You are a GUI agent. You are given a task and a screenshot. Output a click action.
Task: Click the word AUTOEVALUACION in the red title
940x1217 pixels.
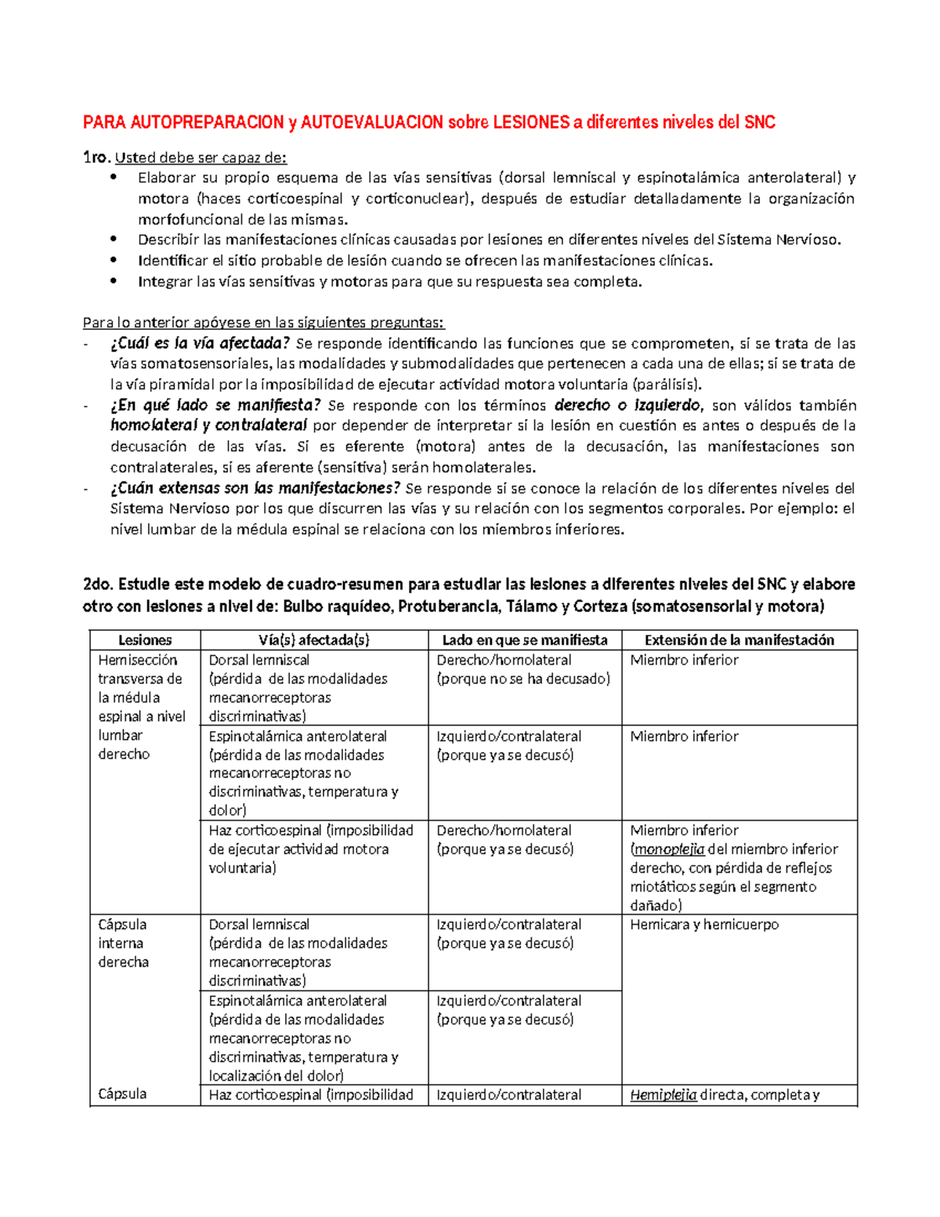[x=371, y=122]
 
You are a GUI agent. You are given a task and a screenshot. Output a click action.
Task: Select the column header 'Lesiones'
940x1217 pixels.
[x=145, y=640]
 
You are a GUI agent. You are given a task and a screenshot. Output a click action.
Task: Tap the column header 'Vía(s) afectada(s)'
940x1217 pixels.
[x=314, y=640]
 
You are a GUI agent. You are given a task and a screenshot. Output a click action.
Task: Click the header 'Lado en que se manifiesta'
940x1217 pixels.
[x=525, y=640]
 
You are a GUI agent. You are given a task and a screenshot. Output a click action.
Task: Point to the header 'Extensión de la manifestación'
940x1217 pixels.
[x=739, y=640]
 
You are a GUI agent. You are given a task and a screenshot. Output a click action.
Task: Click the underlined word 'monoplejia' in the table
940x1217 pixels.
[x=669, y=849]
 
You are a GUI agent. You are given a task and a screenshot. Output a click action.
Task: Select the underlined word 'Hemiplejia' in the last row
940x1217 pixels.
[x=663, y=1095]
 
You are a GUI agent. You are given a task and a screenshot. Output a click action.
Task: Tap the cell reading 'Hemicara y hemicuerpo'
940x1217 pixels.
[x=704, y=925]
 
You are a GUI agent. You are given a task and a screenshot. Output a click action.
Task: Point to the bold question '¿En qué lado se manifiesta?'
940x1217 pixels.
[x=215, y=405]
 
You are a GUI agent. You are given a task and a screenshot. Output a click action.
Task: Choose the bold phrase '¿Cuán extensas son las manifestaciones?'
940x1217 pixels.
[x=255, y=488]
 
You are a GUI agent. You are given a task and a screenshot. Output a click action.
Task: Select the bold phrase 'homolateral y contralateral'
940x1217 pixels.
[x=208, y=426]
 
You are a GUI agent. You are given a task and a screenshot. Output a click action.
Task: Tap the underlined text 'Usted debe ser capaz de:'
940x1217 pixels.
[x=201, y=158]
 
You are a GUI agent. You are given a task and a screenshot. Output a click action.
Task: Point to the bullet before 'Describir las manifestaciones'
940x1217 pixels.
[x=114, y=239]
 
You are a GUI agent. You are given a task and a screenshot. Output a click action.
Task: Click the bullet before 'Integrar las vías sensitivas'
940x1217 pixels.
[x=114, y=281]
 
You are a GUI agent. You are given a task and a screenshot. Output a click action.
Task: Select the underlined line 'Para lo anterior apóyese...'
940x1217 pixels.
[x=263, y=323]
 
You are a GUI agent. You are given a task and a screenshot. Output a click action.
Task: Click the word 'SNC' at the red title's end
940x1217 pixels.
[x=759, y=122]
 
